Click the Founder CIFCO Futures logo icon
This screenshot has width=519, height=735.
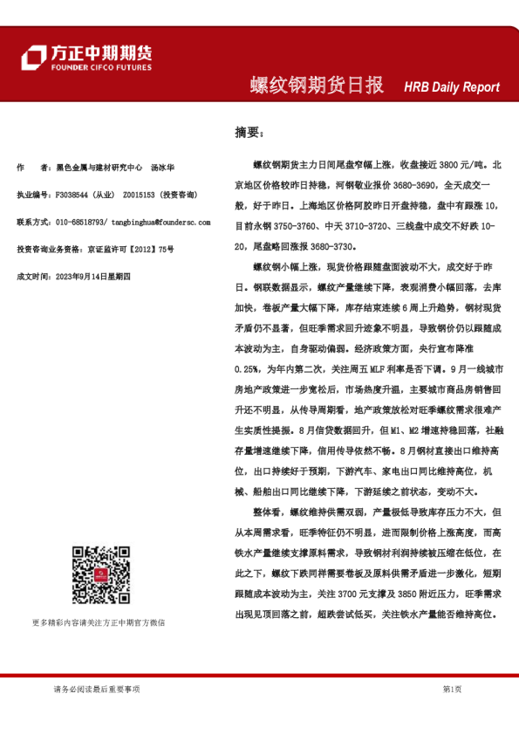coord(34,58)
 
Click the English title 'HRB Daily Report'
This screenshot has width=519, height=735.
coord(451,87)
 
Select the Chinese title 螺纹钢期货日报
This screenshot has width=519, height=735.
coord(317,86)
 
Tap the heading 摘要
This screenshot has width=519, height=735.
coord(247,133)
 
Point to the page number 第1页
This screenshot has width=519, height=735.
coord(452,689)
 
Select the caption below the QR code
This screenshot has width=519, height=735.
coord(98,623)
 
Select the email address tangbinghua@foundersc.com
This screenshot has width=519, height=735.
coord(162,223)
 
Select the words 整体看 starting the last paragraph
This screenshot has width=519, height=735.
coord(268,512)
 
